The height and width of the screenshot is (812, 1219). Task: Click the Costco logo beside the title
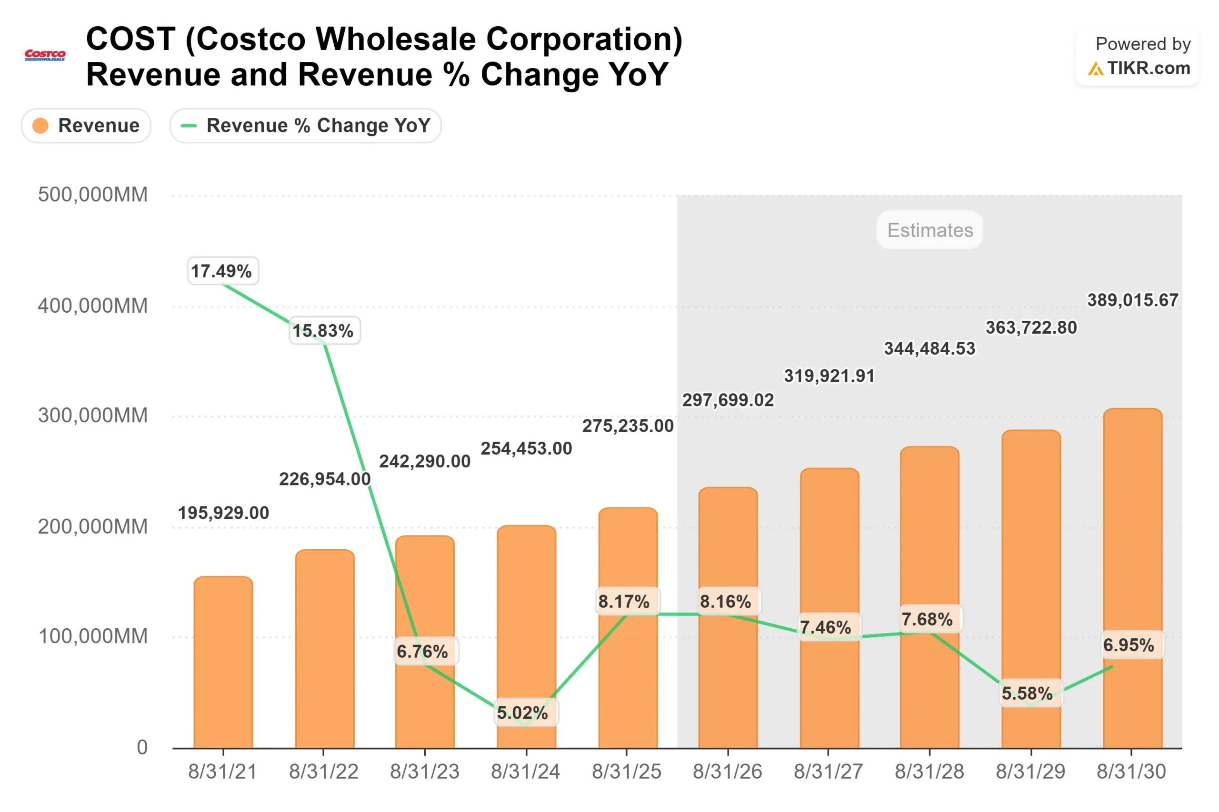click(45, 55)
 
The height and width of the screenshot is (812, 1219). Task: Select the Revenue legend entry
click(86, 125)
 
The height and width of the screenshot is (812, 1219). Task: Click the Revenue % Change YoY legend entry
click(305, 125)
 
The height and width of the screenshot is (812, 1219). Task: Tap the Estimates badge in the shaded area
click(929, 229)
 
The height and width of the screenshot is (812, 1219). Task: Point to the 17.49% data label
click(223, 271)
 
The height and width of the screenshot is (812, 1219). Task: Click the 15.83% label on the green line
click(324, 330)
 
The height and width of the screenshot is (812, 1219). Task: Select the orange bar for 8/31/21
click(223, 663)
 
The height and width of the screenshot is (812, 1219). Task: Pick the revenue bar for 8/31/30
click(1132, 580)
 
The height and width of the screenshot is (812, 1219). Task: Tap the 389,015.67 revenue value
click(1132, 300)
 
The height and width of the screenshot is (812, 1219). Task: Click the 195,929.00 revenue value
click(223, 513)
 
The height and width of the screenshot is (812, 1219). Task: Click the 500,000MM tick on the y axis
click(93, 195)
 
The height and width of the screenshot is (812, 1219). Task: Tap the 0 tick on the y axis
click(142, 747)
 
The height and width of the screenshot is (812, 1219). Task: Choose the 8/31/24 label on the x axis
click(525, 772)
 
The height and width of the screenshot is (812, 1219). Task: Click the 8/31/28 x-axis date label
click(929, 772)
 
